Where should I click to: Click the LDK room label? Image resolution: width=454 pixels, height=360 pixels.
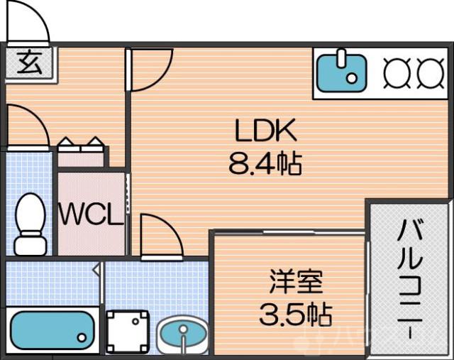[x=265, y=132]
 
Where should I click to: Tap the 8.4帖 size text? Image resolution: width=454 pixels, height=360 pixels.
[x=265, y=165]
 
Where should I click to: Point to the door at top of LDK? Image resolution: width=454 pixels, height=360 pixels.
[x=150, y=68]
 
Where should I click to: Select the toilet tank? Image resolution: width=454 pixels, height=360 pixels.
[x=30, y=246]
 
